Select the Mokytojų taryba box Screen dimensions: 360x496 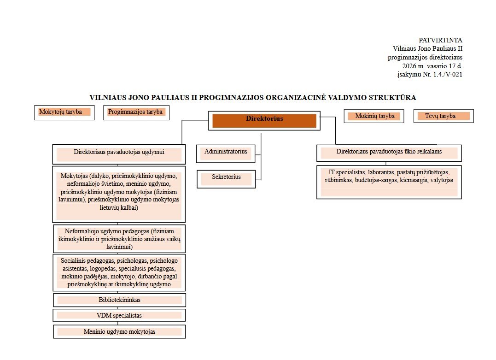tap(64, 112)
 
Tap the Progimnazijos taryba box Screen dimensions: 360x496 tap(136, 112)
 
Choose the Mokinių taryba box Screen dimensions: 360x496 tap(374, 116)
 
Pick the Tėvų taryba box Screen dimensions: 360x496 tap(443, 116)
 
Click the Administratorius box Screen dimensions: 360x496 tap(226, 152)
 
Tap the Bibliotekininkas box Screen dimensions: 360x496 tap(119, 300)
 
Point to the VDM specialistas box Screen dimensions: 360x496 tap(119, 316)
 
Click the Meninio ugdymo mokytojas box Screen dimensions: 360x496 tap(119, 332)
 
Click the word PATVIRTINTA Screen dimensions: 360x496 tap(440, 41)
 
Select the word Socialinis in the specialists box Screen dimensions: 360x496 tap(74, 261)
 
